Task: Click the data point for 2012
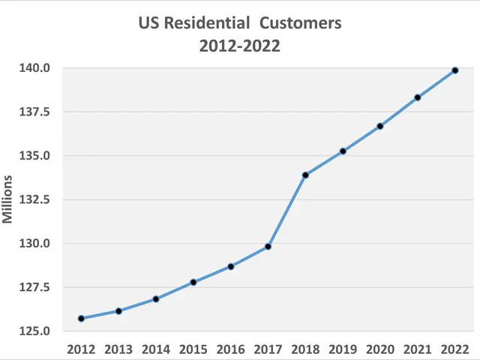click(x=81, y=318)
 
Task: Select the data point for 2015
click(x=193, y=282)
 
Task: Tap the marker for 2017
click(x=268, y=247)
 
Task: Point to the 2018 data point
click(x=305, y=175)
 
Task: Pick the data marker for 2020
click(x=380, y=126)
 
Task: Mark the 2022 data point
click(x=454, y=70)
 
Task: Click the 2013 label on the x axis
click(x=118, y=349)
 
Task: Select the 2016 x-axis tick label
click(x=230, y=349)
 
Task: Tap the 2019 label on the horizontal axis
click(x=343, y=349)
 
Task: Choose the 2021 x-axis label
click(x=417, y=349)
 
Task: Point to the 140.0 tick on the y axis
click(x=34, y=68)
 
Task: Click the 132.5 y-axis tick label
click(x=34, y=199)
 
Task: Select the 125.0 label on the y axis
click(x=34, y=331)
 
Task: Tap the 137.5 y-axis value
click(x=34, y=112)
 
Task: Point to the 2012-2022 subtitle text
click(x=239, y=46)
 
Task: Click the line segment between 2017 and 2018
click(x=286, y=211)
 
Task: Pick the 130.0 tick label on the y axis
click(x=34, y=244)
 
